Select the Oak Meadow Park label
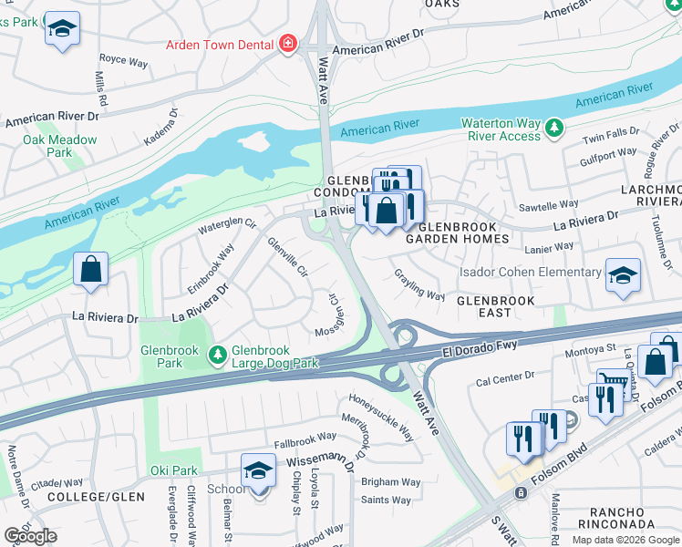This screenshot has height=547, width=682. coord(60,146)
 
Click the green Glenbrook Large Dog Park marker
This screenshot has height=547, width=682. coord(218,355)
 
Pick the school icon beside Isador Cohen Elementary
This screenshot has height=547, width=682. coord(623,275)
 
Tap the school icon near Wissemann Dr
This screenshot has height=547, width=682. coord(258,471)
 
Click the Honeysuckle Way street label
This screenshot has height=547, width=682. coord(381,418)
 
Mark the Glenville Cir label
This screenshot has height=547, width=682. coord(287,257)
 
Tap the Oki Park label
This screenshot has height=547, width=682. coord(173,470)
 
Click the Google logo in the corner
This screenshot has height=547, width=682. coord(31,535)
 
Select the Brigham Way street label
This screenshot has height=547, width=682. coord(391,482)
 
